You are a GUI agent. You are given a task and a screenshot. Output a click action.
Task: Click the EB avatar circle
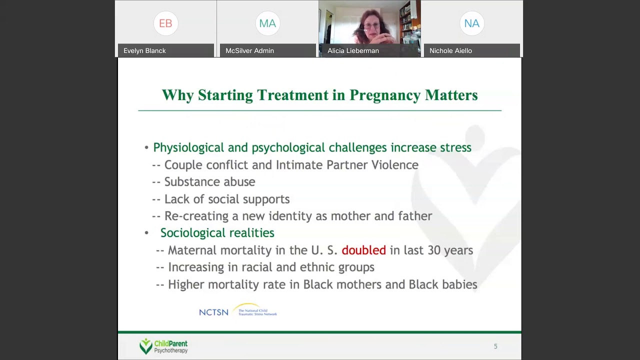coord(165,23)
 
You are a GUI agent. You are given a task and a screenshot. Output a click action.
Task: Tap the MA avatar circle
coord(267,23)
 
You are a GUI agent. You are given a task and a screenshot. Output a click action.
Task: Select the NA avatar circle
coord(471,23)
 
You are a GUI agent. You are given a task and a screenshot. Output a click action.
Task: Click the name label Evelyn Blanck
coord(144,50)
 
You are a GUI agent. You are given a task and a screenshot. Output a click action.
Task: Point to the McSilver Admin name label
coord(249,50)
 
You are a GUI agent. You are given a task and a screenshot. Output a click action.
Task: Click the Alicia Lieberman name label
coord(353,50)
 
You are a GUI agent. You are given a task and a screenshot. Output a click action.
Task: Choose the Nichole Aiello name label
coord(450,50)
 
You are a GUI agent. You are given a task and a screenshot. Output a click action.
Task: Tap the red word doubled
coord(363,250)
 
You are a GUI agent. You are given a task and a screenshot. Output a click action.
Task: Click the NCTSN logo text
coord(213,312)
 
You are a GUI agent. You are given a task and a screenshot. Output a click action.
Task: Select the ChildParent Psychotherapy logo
coord(163,346)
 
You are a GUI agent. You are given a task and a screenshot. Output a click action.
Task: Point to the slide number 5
coord(495,346)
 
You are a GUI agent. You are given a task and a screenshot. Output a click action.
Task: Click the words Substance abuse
coord(209,182)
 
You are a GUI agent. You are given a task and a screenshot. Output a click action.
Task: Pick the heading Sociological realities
coord(217,233)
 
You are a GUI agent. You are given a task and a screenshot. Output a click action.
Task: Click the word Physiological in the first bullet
coord(188,147)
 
